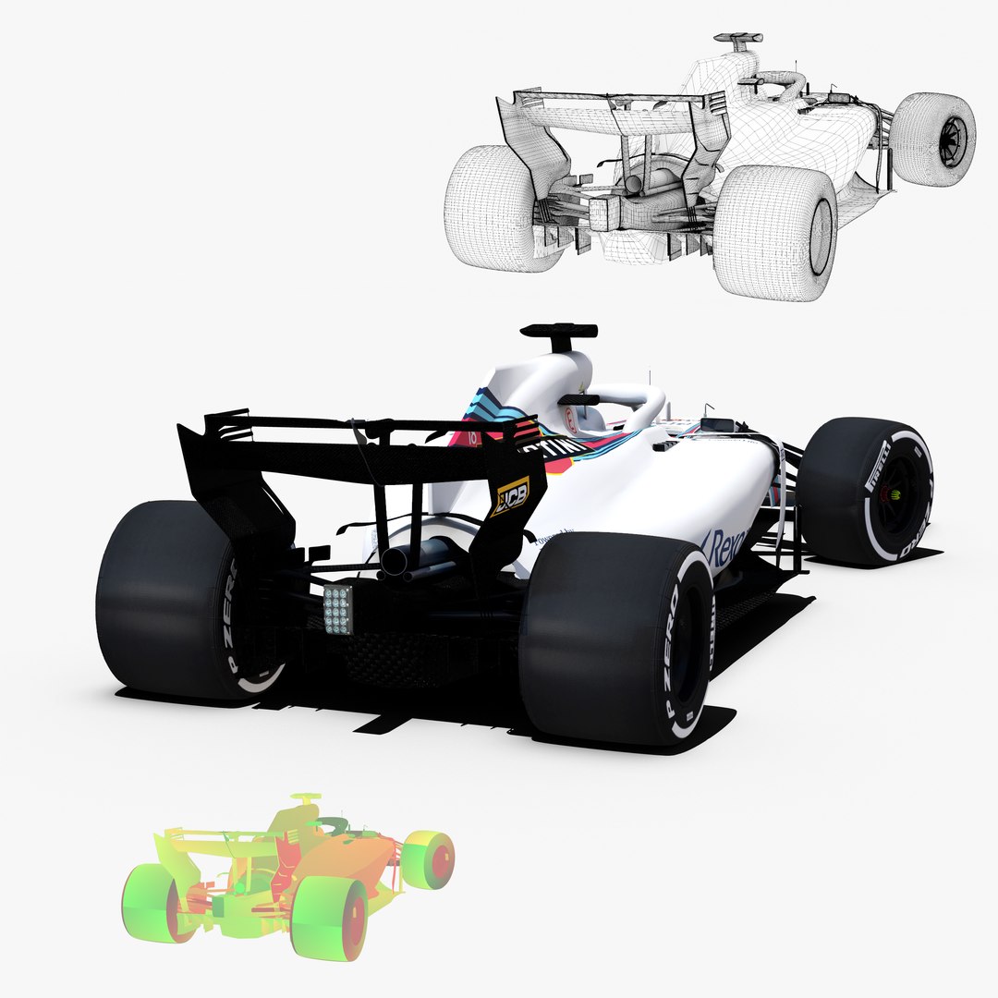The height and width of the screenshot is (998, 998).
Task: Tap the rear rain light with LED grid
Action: pyautogui.click(x=338, y=610)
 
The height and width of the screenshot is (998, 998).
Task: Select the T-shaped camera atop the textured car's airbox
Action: pyautogui.click(x=558, y=331)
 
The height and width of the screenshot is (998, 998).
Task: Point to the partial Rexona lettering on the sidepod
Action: pyautogui.click(x=724, y=549)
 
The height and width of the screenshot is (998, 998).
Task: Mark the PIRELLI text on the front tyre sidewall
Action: pyautogui.click(x=875, y=466)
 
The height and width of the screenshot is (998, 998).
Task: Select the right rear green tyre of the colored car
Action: pyautogui.click(x=330, y=919)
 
